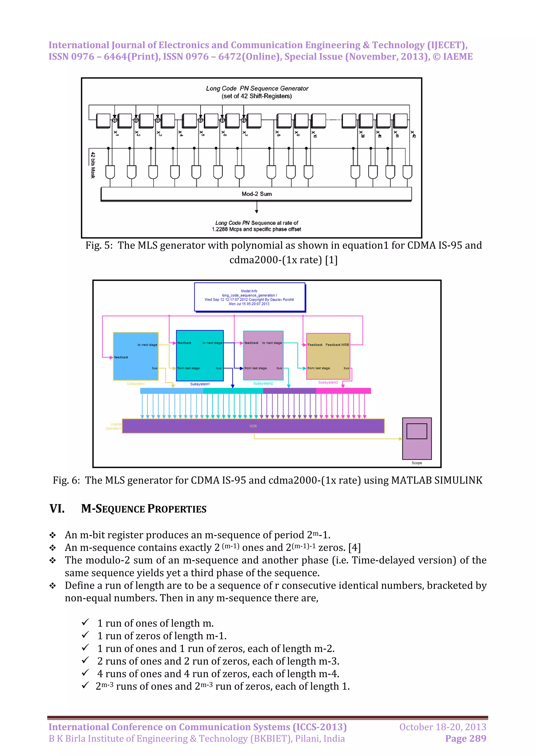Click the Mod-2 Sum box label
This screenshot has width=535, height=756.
[257, 194]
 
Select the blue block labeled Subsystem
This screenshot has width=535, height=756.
[136, 356]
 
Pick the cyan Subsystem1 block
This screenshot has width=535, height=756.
[200, 356]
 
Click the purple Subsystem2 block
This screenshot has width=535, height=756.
[263, 356]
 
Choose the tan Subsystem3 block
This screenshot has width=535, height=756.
[328, 356]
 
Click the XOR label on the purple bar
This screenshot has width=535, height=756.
[253, 426]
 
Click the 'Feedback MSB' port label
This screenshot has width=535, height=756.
[337, 345]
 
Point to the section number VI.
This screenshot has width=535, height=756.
[57, 509]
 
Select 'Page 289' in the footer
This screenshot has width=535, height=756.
[466, 739]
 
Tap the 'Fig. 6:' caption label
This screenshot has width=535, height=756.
[66, 481]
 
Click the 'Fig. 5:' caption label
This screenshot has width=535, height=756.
[99, 245]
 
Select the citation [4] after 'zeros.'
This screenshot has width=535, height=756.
[354, 548]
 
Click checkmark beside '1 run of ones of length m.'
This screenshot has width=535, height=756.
[85, 622]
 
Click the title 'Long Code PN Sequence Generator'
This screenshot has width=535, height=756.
[257, 88]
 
